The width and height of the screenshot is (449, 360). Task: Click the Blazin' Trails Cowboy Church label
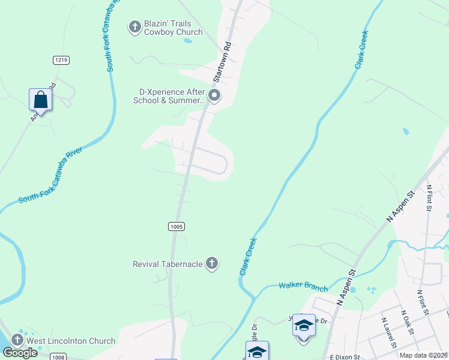tap(173, 28)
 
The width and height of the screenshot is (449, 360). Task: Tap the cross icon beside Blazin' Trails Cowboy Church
tap(134, 26)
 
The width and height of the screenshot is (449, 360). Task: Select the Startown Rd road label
tap(223, 62)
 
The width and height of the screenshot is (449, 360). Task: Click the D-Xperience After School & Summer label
tap(169, 96)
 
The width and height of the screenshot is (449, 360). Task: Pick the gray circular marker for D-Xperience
tap(214, 96)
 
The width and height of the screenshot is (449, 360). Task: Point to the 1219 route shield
tap(61, 59)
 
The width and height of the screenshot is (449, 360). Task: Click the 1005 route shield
tap(176, 226)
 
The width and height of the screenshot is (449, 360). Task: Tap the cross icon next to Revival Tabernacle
tap(211, 263)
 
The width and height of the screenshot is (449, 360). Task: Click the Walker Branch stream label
tap(303, 286)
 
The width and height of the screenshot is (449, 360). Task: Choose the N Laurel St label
tap(388, 332)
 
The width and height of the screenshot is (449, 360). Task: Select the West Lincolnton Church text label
tap(71, 341)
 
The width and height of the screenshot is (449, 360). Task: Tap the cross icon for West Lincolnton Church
tap(17, 341)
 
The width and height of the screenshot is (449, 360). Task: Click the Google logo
tap(20, 353)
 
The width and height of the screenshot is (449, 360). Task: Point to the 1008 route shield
tap(58, 358)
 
